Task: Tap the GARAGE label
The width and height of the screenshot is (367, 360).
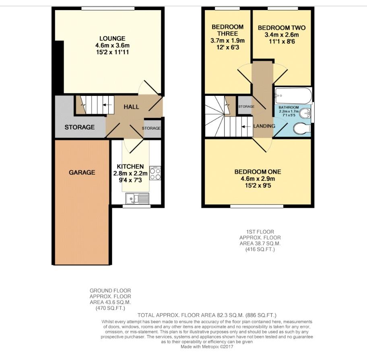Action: point(82,172)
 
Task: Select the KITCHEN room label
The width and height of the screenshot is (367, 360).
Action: point(130,166)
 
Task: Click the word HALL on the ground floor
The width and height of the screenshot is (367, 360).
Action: point(131,107)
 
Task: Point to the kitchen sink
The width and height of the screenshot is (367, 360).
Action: point(137,199)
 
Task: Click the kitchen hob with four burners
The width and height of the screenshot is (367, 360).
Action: point(155,174)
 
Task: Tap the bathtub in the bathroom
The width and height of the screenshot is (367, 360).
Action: point(293,95)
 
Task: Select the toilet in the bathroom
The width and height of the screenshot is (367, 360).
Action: point(301,129)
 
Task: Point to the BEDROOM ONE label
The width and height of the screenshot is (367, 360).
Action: point(258,172)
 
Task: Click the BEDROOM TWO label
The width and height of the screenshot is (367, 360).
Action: point(281,28)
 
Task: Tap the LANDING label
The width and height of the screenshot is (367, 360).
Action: point(264,126)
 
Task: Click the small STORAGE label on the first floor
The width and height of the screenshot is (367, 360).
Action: point(246,107)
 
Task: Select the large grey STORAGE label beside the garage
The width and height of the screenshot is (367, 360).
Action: point(80,127)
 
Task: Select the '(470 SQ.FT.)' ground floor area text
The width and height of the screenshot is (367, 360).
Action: point(110,308)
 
